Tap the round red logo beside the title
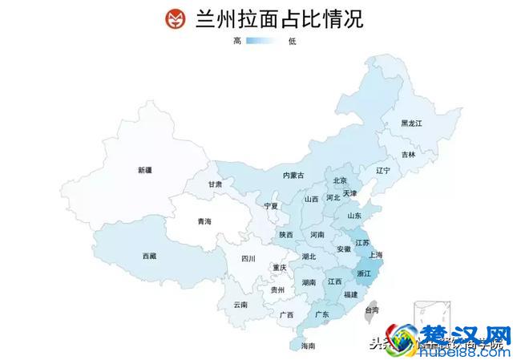point(174,19)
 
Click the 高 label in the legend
point(237,41)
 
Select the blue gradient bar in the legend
point(265,41)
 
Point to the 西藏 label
point(150,256)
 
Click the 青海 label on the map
point(205,221)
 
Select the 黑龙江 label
point(411,123)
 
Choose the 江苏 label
point(362,242)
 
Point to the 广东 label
point(322,314)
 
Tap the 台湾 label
point(371,309)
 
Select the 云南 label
point(240,305)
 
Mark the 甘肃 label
point(216,184)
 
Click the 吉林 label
point(409,154)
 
